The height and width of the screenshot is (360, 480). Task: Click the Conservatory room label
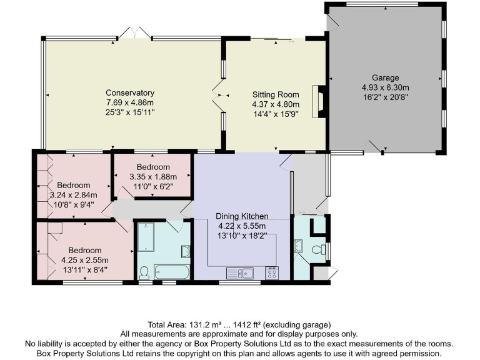point(129,93)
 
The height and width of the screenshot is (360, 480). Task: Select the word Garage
point(384,78)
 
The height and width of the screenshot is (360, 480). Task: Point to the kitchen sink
point(239,272)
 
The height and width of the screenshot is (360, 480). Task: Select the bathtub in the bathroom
point(171,272)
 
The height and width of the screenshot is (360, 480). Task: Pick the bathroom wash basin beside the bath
point(186,251)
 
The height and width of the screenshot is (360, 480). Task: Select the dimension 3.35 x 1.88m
point(153,177)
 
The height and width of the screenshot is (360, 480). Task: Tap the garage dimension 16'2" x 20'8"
point(385,98)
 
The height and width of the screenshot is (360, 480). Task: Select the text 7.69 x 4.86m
point(129,102)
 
